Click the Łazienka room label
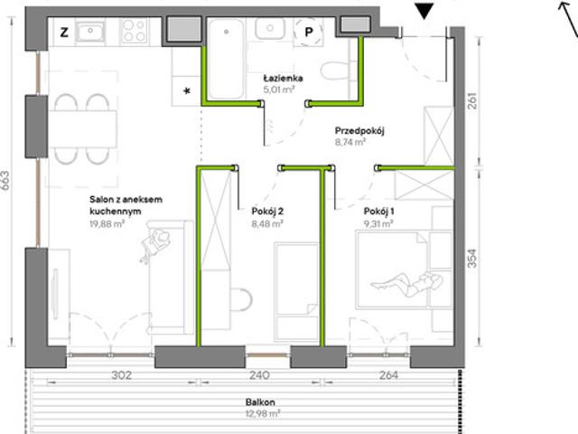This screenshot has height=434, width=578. tap(283, 79)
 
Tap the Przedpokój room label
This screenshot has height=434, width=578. tap(359, 130)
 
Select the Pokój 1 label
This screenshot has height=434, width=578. tap(378, 212)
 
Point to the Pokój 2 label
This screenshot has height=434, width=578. tap(267, 212)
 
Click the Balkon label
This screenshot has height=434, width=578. tap(260, 401)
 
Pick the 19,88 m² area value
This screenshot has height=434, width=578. tap(107, 223)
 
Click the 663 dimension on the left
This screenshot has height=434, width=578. tap(5, 181)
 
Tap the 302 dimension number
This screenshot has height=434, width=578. tap(121, 375)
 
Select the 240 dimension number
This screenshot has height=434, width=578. tap(259, 375)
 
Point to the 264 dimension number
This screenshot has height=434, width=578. tap(388, 375)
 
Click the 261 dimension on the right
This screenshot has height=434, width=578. tap(472, 100)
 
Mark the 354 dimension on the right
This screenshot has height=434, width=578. tap(472, 259)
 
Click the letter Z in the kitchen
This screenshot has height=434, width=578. tap(64, 33)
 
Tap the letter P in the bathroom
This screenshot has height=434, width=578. tap(309, 33)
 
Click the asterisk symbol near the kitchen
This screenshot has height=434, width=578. tap(187, 90)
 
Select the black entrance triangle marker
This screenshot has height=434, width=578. tap(424, 11)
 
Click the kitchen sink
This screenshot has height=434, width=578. tap(90, 32)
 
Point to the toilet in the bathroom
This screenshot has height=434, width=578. tap(335, 71)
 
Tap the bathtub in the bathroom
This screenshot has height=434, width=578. tap(226, 59)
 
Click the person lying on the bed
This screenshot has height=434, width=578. tap(407, 284)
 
